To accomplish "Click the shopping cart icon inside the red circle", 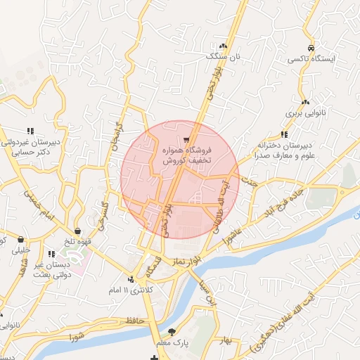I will click(x=186, y=139).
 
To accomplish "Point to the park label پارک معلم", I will click(x=172, y=343).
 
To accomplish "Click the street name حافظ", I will click(x=134, y=321).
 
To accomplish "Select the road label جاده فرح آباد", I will click(x=283, y=202).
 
